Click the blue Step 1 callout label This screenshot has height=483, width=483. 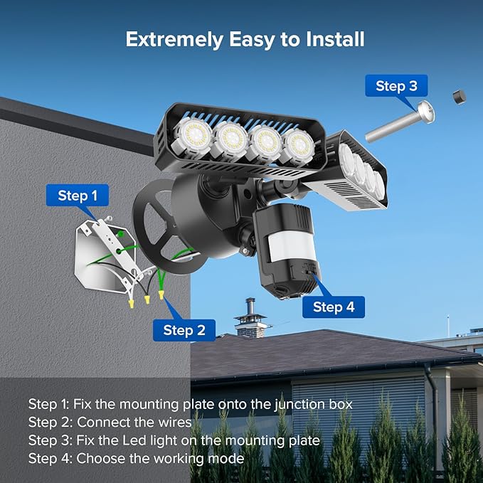tap(78, 195)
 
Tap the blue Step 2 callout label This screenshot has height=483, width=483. tap(184, 329)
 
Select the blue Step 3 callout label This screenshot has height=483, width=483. tap(397, 86)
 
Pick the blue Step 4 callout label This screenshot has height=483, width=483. tap(333, 307)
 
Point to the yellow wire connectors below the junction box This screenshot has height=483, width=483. tap(145, 299)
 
